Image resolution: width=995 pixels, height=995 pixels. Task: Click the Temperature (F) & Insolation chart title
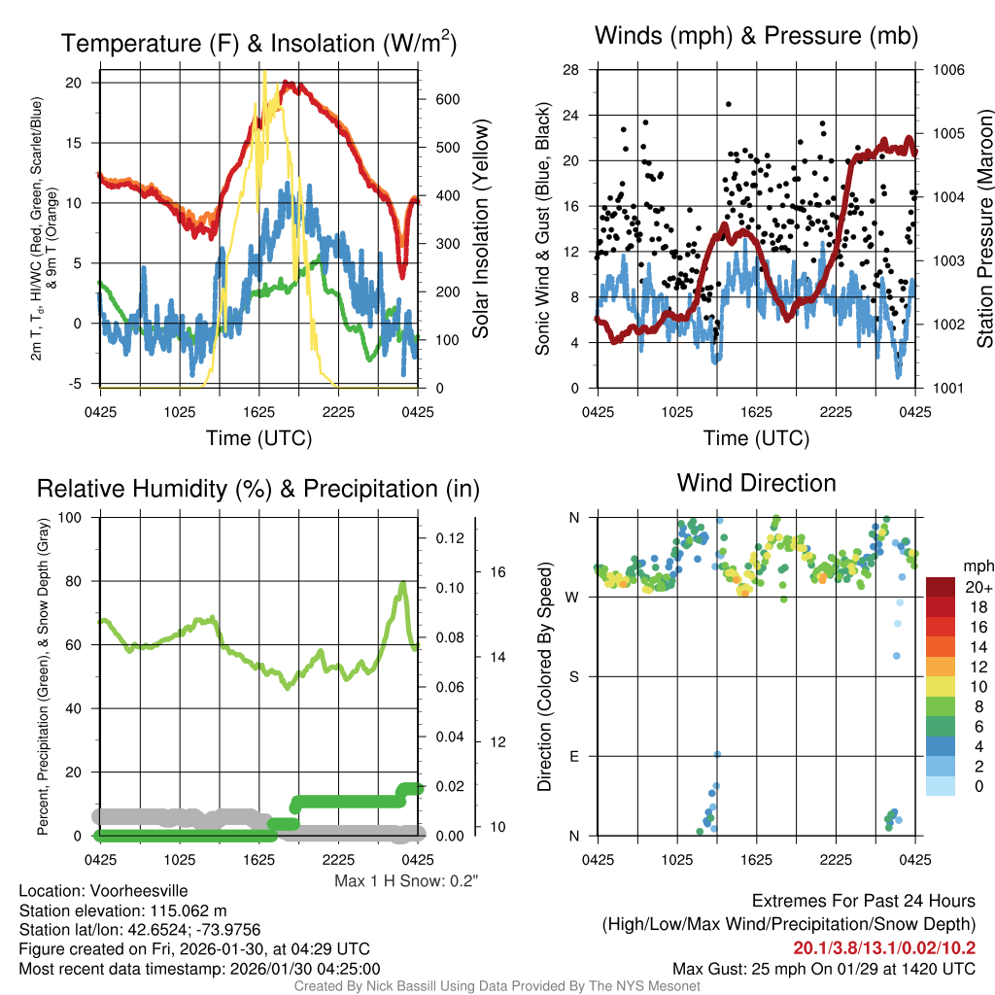pyautogui.click(x=258, y=43)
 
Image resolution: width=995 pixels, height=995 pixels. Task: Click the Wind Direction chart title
pyautogui.click(x=756, y=483)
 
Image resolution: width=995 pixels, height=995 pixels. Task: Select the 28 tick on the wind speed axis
pyautogui.click(x=571, y=70)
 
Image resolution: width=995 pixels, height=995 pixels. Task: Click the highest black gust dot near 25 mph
pyautogui.click(x=728, y=104)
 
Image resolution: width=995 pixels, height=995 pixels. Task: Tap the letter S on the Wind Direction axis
pyautogui.click(x=574, y=676)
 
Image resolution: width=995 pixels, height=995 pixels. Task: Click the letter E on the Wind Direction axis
pyautogui.click(x=574, y=756)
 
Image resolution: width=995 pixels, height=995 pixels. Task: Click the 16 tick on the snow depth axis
pyautogui.click(x=497, y=572)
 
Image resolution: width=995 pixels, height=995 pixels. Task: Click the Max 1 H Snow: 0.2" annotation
pyautogui.click(x=406, y=881)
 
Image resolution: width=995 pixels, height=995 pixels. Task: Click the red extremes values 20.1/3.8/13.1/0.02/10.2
pyautogui.click(x=884, y=948)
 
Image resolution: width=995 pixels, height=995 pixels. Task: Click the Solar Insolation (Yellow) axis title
pyautogui.click(x=480, y=228)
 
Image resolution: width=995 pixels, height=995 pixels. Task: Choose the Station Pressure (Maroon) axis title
pyautogui.click(x=983, y=228)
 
